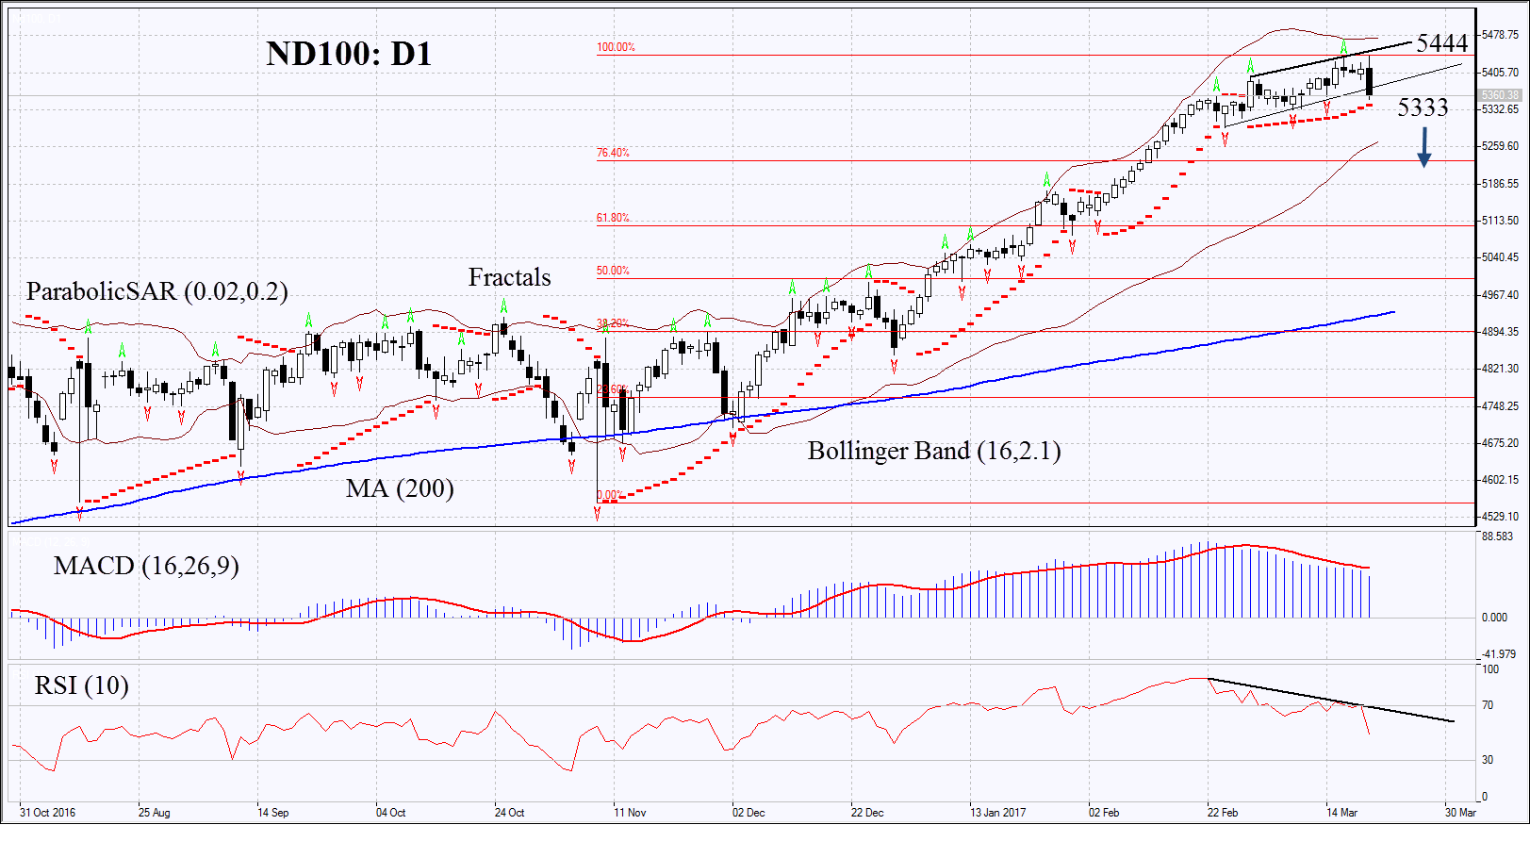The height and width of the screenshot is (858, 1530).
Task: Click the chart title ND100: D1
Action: pos(349,54)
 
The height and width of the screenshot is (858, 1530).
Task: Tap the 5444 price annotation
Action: pos(1441,43)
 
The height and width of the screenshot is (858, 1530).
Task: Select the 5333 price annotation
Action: pos(1423,107)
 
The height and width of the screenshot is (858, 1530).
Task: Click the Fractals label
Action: pos(509,277)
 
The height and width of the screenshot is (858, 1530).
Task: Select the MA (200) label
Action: pos(400,488)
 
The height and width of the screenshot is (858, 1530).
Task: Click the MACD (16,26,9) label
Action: pos(146,566)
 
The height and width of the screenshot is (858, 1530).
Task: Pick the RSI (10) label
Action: pos(82,685)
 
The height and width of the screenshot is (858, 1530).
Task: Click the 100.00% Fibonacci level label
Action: pos(616,47)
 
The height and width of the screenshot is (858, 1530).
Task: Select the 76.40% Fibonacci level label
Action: pos(613,153)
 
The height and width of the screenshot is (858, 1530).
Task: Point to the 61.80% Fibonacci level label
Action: pos(613,218)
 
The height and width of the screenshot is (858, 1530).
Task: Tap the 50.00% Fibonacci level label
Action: pos(613,271)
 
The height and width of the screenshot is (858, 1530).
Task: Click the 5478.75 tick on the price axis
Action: pos(1500,35)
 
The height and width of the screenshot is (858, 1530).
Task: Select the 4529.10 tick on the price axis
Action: pos(1500,517)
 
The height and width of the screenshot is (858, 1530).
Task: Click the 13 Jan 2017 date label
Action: pos(997,813)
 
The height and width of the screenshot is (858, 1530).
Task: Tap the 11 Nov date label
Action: pos(630,813)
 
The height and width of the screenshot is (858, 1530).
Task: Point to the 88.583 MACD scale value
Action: pos(1497,536)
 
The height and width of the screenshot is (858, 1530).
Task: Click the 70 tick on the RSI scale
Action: pos(1488,705)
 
